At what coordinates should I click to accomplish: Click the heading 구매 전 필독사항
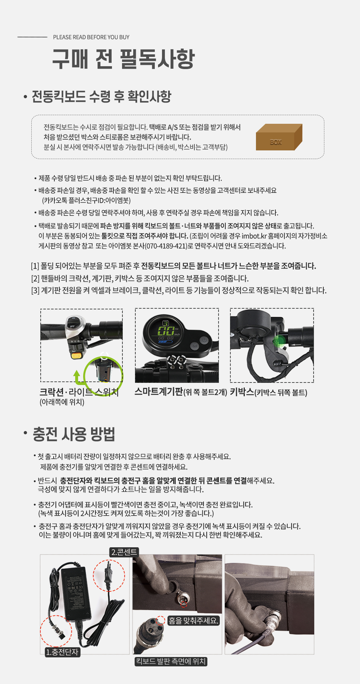[123, 59]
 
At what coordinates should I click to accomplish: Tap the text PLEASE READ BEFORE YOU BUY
[91, 37]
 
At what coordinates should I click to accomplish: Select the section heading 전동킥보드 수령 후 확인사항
[102, 96]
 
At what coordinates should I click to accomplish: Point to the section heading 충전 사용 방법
[74, 434]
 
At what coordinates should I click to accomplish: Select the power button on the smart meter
[204, 340]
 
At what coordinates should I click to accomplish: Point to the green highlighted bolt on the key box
[279, 341]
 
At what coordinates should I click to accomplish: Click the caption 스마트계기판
[159, 391]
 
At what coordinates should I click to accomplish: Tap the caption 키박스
[242, 392]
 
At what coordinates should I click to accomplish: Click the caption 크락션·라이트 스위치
[79, 392]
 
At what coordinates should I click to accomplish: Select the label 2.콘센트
[124, 552]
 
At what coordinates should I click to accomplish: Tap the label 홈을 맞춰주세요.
[193, 621]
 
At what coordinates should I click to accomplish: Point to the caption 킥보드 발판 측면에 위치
[171, 661]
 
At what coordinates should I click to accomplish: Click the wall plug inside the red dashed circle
[109, 575]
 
